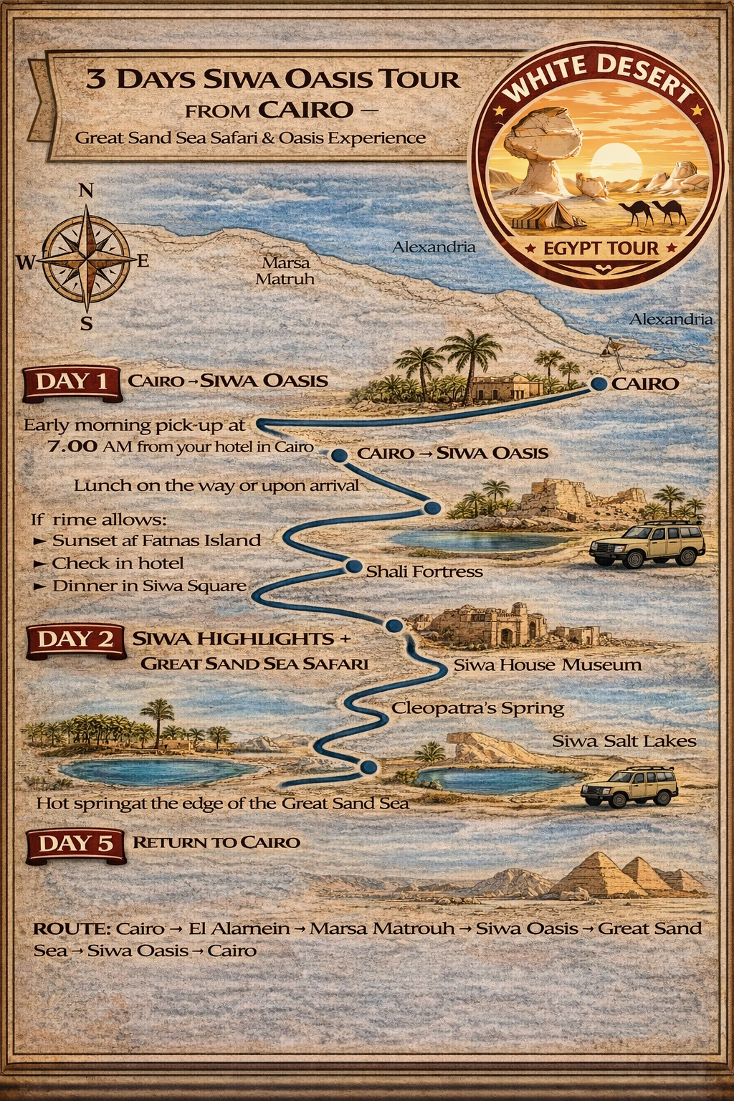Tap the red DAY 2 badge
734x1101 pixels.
point(75,639)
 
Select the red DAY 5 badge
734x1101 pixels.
point(75,844)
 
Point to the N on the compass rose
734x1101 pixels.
point(85,191)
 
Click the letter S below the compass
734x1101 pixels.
point(86,324)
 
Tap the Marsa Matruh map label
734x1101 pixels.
point(285,271)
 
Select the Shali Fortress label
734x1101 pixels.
point(424,572)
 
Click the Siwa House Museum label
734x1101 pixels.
point(547,665)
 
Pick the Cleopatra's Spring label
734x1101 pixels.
point(477,709)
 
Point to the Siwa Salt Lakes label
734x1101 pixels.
point(624,741)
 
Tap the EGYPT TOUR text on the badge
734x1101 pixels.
point(601,249)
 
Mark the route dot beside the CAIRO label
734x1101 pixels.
point(599,383)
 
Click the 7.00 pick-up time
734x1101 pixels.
point(72,447)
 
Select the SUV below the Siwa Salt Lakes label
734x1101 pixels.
point(629,787)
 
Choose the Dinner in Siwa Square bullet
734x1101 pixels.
point(148,586)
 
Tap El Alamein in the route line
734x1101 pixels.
point(239,929)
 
